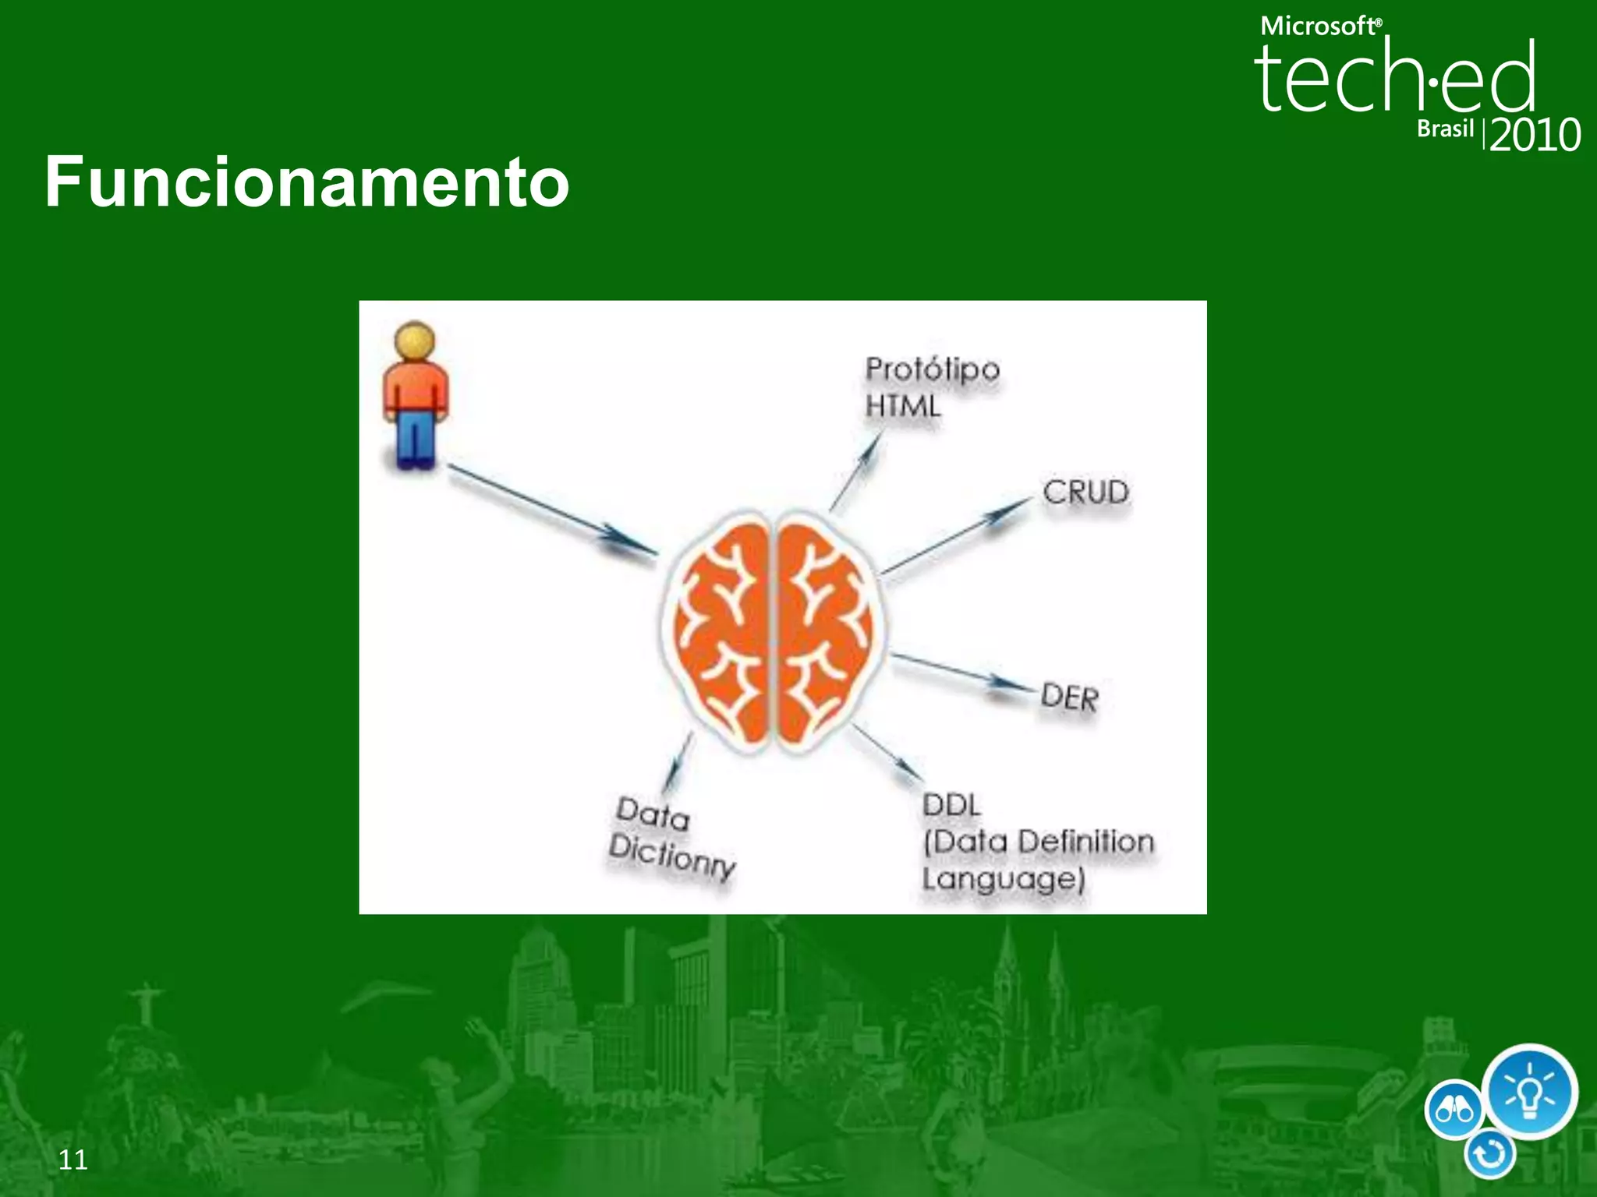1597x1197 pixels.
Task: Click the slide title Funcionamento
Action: (306, 182)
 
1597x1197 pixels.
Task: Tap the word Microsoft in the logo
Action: (1319, 26)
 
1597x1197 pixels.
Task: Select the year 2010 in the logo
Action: (1534, 136)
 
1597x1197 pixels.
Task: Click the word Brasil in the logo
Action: (1445, 129)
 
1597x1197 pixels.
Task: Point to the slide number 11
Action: (73, 1160)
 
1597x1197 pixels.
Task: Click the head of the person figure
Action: (414, 341)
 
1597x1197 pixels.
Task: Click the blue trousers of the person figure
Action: (415, 437)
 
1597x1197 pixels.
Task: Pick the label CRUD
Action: (1085, 493)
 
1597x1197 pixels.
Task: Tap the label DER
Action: (1069, 697)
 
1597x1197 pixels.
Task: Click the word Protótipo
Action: (932, 369)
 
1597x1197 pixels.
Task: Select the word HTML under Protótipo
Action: (903, 406)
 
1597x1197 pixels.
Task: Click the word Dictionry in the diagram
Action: (671, 856)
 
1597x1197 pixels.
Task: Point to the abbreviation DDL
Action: (951, 805)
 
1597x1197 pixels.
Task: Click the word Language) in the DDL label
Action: (1003, 879)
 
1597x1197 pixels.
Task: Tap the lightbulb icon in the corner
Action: (1529, 1092)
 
